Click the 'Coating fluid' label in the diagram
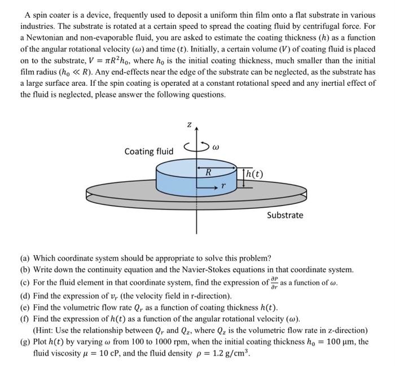point(149,151)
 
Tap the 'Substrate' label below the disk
point(285,215)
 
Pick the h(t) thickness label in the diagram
point(252,173)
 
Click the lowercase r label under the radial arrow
point(223,184)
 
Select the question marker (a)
point(27,258)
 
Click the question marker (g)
point(27,342)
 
